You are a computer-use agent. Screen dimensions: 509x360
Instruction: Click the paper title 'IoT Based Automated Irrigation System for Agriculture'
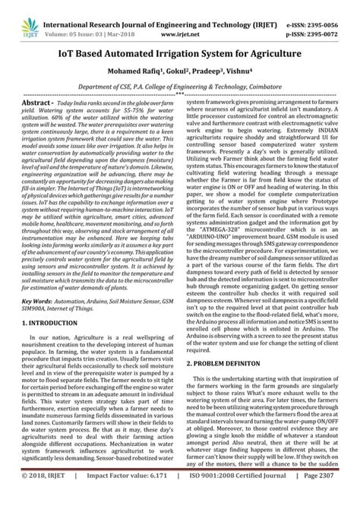click(180, 40)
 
